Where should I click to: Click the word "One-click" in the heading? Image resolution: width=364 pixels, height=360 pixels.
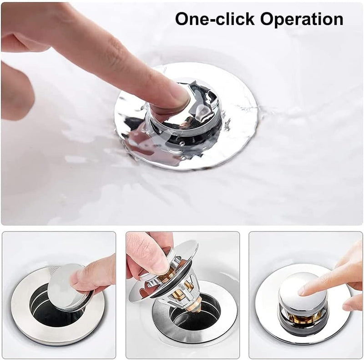point(215,19)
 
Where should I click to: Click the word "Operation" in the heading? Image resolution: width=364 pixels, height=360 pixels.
point(302,20)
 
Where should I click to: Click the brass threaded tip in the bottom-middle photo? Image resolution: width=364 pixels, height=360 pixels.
point(198,301)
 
